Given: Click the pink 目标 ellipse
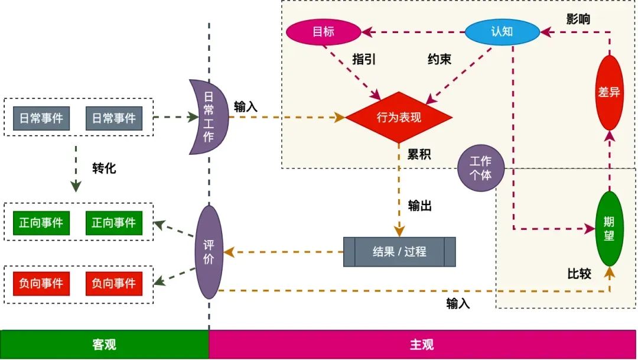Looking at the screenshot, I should [x=323, y=32].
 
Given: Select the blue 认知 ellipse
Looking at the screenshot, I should [x=502, y=32].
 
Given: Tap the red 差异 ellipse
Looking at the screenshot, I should [x=609, y=93].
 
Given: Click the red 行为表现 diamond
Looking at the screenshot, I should [x=399, y=117].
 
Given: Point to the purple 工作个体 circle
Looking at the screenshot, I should [x=481, y=168].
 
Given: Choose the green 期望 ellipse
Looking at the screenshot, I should [x=609, y=229].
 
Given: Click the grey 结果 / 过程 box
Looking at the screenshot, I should [x=399, y=252].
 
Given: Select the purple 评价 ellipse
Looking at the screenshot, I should [x=209, y=252].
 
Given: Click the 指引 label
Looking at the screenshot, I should [x=364, y=59].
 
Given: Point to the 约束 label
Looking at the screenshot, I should [x=440, y=59].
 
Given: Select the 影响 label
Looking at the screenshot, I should [x=578, y=19].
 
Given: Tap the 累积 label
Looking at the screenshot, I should [x=419, y=155].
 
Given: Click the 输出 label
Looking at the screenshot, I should [x=420, y=206].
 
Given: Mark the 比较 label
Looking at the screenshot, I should [x=579, y=274].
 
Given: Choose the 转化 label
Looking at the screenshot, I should [x=105, y=168].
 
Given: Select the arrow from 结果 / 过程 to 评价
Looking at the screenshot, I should [x=284, y=252].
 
